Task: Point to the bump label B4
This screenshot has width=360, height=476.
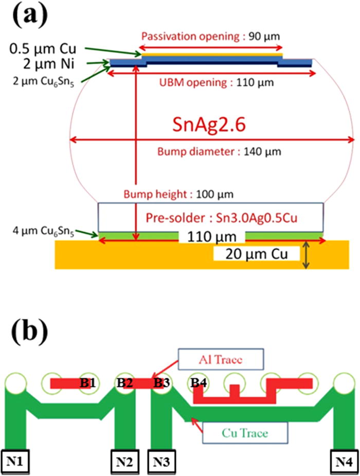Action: pyautogui.click(x=200, y=383)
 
